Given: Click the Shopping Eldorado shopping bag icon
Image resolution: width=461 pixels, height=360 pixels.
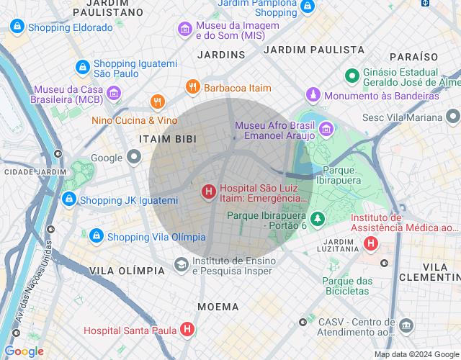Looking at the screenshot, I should coord(17,27).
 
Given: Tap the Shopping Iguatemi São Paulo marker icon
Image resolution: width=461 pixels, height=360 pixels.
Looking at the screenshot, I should coord(83,68).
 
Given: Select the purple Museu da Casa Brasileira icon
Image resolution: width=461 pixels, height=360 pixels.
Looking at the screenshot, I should coord(113,94).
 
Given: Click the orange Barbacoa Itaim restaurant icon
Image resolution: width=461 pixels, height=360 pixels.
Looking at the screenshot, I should coord(192,87).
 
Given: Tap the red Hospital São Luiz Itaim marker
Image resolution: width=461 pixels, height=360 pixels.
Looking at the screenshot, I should coord(208,192).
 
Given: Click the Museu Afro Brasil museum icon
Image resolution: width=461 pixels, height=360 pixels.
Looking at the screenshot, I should coord(326,130).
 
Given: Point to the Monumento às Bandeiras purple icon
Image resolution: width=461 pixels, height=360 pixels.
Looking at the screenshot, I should coord(313,95).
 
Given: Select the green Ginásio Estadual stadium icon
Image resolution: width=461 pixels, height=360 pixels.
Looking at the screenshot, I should coord(352,76).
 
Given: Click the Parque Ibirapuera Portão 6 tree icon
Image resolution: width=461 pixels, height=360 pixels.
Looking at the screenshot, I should coord(318,217).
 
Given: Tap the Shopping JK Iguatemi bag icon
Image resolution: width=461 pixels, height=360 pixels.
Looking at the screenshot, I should coord(69,199).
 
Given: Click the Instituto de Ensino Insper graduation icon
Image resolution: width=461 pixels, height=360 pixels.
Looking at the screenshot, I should coord(181,266).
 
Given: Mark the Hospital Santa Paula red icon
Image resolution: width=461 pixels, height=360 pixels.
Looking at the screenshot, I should coord(187,330).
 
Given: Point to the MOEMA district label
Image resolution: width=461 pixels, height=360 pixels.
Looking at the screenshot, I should coord(218,307).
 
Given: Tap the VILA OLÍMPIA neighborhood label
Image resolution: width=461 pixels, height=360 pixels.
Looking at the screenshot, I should coord(127,270).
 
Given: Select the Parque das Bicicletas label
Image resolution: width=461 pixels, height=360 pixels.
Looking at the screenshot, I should coord(346,286).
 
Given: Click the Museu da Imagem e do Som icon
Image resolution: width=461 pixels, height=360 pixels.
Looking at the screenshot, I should coord(185,30).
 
